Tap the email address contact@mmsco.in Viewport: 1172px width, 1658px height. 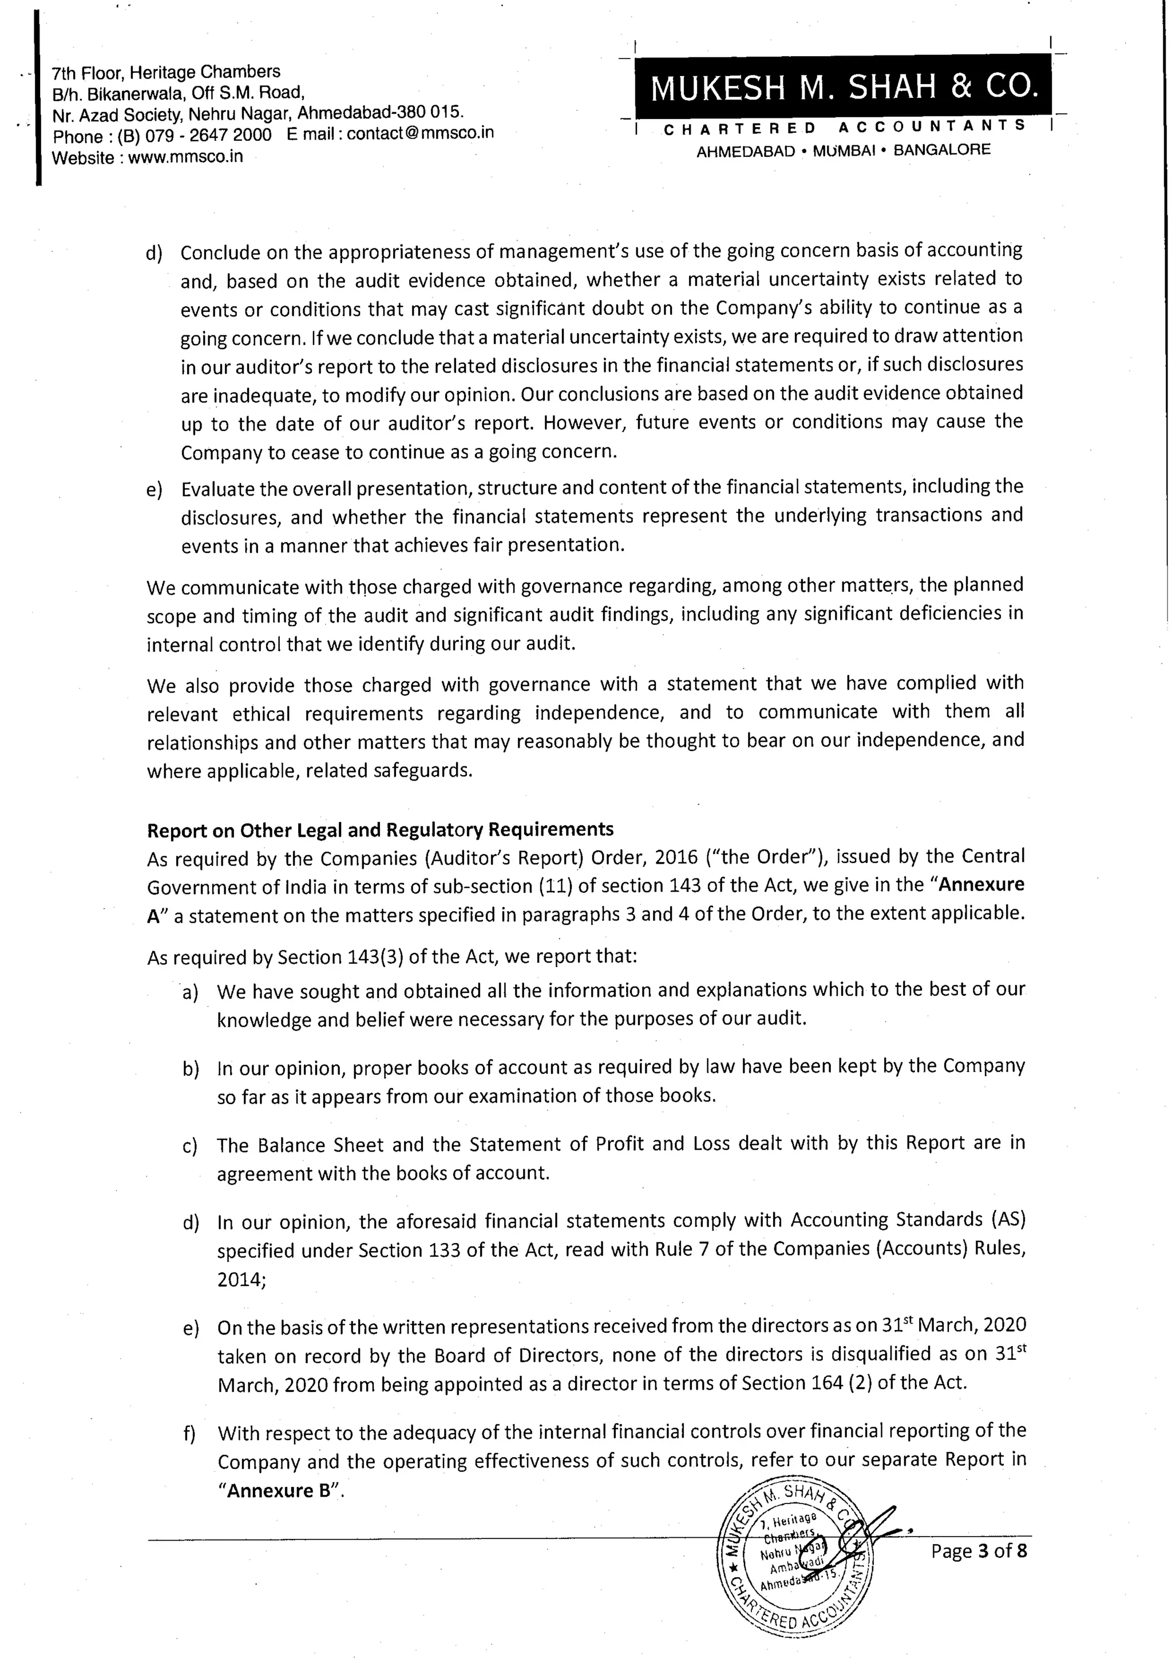point(420,133)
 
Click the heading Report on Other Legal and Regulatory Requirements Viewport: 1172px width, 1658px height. point(380,830)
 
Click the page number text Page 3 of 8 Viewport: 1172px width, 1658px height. point(979,1550)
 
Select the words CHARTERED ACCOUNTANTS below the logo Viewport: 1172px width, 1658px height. point(844,128)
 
